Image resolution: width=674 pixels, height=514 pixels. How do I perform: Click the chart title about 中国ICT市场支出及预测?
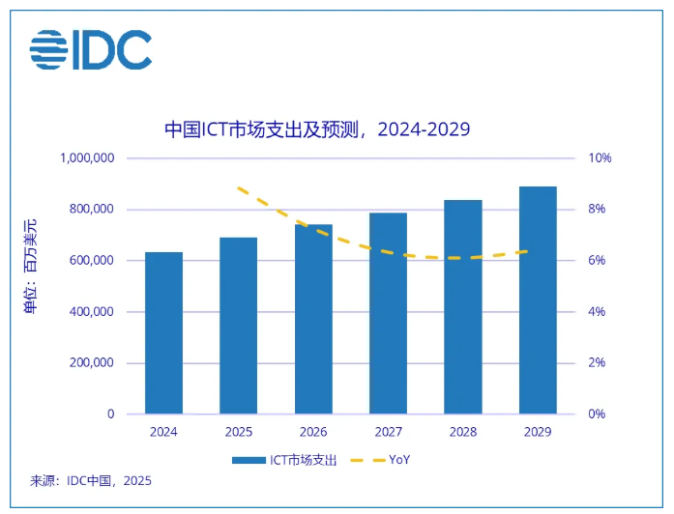click(317, 129)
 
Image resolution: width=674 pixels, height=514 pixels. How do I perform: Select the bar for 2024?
click(163, 333)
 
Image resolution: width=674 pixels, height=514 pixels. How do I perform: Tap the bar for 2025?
click(238, 326)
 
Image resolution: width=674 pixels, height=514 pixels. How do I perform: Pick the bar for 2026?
click(313, 320)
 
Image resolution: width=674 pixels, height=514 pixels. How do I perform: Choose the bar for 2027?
click(388, 314)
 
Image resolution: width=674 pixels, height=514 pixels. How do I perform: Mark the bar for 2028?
click(463, 307)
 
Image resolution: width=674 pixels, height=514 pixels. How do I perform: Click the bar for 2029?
click(538, 300)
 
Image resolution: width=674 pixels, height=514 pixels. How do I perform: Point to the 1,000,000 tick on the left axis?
click(87, 158)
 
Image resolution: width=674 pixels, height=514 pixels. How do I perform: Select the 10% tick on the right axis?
click(600, 158)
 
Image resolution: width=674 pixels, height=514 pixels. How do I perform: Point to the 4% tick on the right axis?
click(597, 312)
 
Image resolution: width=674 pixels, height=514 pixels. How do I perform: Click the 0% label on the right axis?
click(597, 414)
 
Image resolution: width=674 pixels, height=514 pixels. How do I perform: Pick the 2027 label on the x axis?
click(388, 433)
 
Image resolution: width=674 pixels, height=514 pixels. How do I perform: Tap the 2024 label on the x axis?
click(163, 433)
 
